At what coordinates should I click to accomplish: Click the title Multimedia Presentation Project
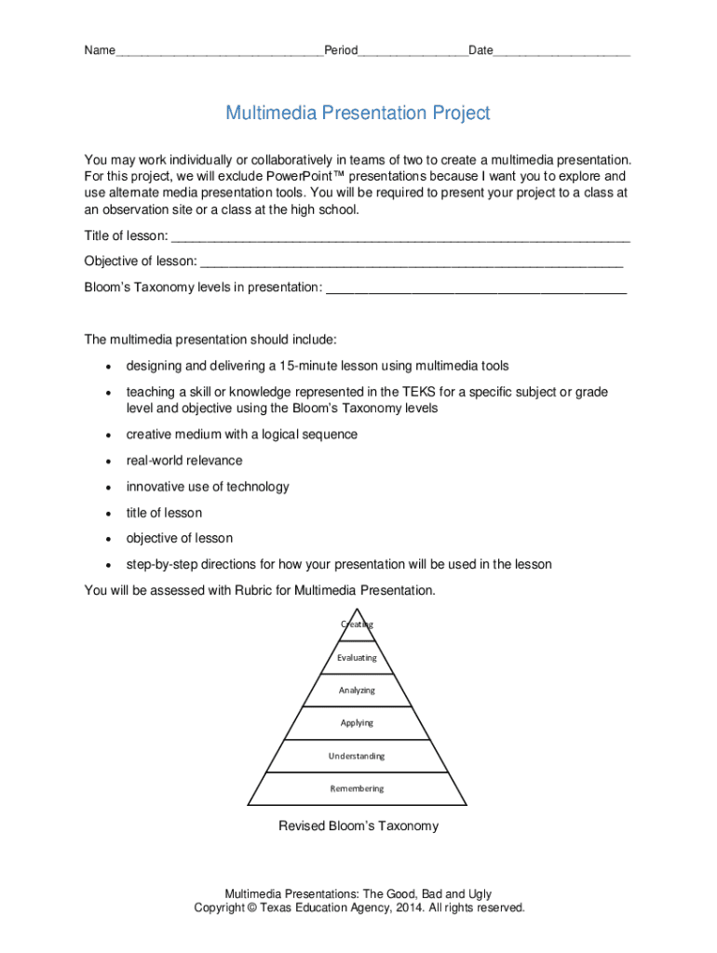tap(358, 114)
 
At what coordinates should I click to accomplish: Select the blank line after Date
tap(561, 52)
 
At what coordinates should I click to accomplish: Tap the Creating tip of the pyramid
tap(358, 624)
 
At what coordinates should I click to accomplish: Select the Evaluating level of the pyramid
tap(358, 657)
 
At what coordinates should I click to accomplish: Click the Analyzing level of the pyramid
tap(358, 690)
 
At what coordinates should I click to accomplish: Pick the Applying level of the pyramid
tap(358, 722)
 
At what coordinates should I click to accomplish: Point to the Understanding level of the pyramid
tap(357, 756)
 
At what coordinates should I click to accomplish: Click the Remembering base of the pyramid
tap(357, 788)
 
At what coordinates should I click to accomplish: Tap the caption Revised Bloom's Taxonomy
tap(358, 825)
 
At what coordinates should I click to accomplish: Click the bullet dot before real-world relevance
tap(109, 462)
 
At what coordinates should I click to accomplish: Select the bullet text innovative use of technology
tap(208, 487)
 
